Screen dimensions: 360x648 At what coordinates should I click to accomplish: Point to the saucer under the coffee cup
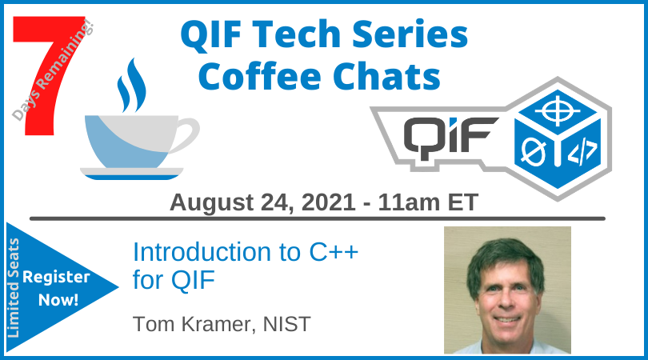(x=131, y=171)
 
